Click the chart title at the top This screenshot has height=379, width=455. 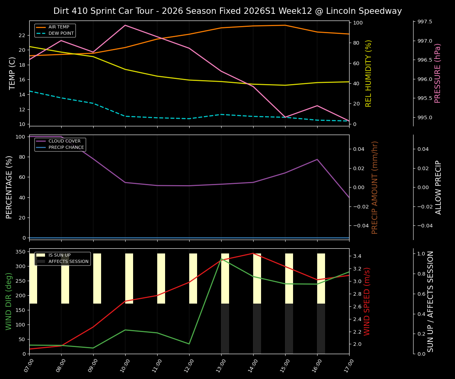(227, 11)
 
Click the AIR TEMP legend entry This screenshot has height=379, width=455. (58, 27)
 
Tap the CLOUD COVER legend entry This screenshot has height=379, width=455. (64, 141)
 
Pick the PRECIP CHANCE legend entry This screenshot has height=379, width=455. (66, 148)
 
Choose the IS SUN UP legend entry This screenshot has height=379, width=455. (59, 255)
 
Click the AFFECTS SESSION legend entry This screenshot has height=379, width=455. (68, 261)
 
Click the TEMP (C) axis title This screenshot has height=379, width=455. (13, 73)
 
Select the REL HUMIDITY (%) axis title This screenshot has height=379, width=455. (369, 73)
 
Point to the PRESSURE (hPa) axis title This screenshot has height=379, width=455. (438, 73)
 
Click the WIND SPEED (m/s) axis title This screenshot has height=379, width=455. (367, 301)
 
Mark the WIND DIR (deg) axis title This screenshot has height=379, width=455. (9, 301)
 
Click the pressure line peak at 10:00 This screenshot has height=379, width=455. (125, 25)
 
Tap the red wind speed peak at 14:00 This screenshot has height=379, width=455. (253, 253)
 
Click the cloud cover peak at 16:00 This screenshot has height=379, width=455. (317, 159)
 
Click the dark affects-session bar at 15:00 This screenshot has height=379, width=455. (289, 328)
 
